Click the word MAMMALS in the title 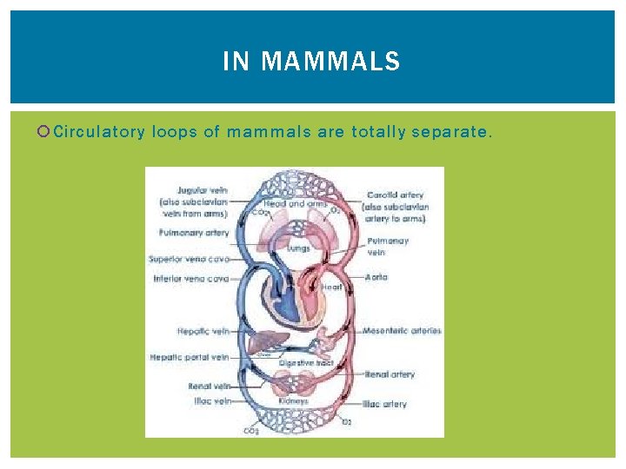[330, 62]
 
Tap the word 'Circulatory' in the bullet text [97, 132]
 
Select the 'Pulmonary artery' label [194, 233]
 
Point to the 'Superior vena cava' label [189, 259]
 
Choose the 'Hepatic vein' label [203, 331]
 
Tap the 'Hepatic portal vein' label [190, 357]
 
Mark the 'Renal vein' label [209, 386]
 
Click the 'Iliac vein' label [212, 401]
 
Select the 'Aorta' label [377, 277]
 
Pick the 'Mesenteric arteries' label [402, 331]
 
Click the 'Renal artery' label [389, 374]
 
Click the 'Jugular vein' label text [203, 188]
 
